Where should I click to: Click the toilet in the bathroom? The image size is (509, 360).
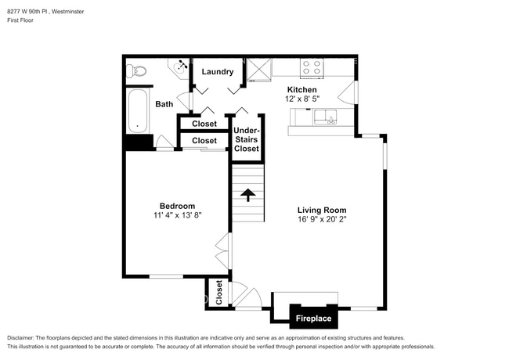(x=138, y=71)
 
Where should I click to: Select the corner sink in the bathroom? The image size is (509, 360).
(x=182, y=67)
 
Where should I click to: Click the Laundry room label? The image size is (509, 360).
(x=218, y=72)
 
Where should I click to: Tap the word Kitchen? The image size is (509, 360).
(x=301, y=90)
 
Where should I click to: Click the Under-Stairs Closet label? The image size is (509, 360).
(x=246, y=139)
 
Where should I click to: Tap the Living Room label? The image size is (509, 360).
(x=321, y=210)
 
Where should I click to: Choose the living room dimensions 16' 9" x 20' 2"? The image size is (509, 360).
(x=321, y=219)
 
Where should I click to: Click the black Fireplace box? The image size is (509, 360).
(x=312, y=319)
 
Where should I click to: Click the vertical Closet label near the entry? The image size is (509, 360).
(x=219, y=292)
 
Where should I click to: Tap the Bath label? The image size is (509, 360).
(x=164, y=104)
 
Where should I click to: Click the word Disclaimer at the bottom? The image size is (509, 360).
(x=24, y=337)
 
